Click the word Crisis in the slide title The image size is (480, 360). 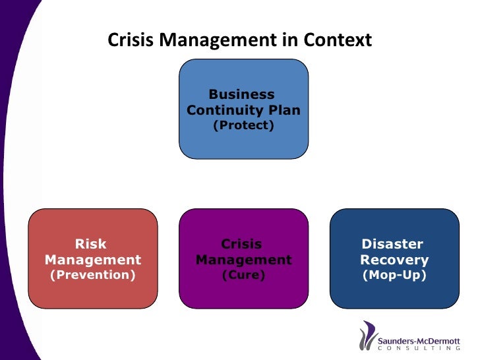129,40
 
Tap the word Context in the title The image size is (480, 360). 337,40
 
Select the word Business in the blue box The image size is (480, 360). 241,94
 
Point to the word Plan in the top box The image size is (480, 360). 283,110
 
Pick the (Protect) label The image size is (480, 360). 243,125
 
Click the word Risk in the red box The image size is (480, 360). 91,244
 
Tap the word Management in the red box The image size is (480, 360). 93,260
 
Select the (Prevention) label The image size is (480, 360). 93,274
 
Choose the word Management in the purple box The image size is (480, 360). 244,260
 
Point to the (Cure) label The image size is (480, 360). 243,274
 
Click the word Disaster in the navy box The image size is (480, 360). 392,244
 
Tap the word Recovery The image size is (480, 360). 394,260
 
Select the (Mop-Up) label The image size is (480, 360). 394,274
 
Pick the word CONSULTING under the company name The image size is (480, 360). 419,349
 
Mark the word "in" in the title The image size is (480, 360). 291,40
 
